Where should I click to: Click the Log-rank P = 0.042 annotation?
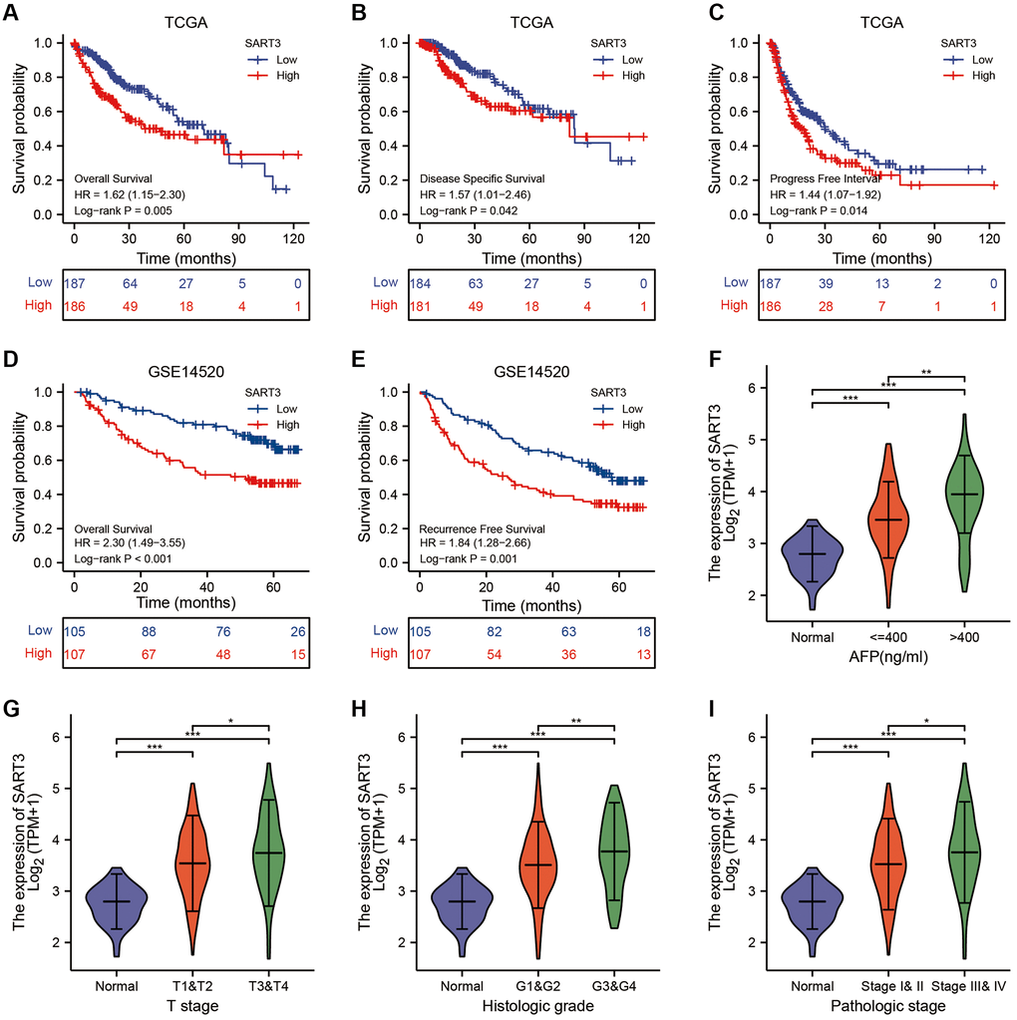(470, 211)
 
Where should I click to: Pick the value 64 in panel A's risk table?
(129, 283)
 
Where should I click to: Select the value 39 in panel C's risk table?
(824, 283)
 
